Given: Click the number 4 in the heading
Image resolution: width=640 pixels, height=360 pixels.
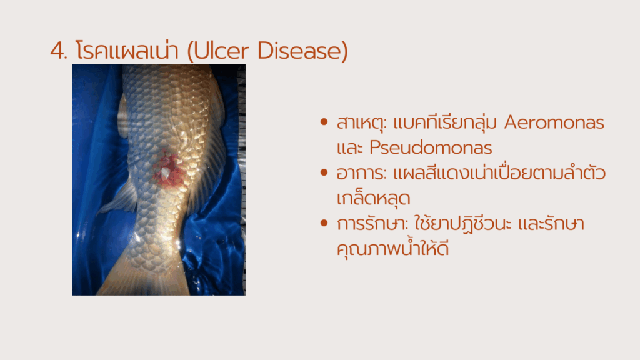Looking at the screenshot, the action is [57, 51].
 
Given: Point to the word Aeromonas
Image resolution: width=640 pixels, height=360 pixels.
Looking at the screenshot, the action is [554, 122].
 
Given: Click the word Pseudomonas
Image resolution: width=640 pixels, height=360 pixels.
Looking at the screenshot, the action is [431, 147].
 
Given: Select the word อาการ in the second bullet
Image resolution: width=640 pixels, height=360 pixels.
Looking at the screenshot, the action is [361, 174].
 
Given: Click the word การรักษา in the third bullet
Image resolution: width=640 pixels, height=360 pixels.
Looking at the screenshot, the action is [372, 224].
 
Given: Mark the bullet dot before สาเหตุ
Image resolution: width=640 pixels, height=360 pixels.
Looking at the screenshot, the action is [324, 122].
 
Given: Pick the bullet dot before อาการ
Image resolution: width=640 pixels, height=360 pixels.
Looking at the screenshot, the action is [324, 172].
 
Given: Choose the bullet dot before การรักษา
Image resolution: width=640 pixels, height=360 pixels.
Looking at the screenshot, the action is [324, 223].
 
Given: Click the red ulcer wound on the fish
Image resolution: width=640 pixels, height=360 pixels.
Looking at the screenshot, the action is [169, 170].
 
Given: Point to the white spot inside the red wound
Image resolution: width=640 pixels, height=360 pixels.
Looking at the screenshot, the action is [165, 173].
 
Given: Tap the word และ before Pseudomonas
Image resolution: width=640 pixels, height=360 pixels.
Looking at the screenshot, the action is [350, 147].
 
